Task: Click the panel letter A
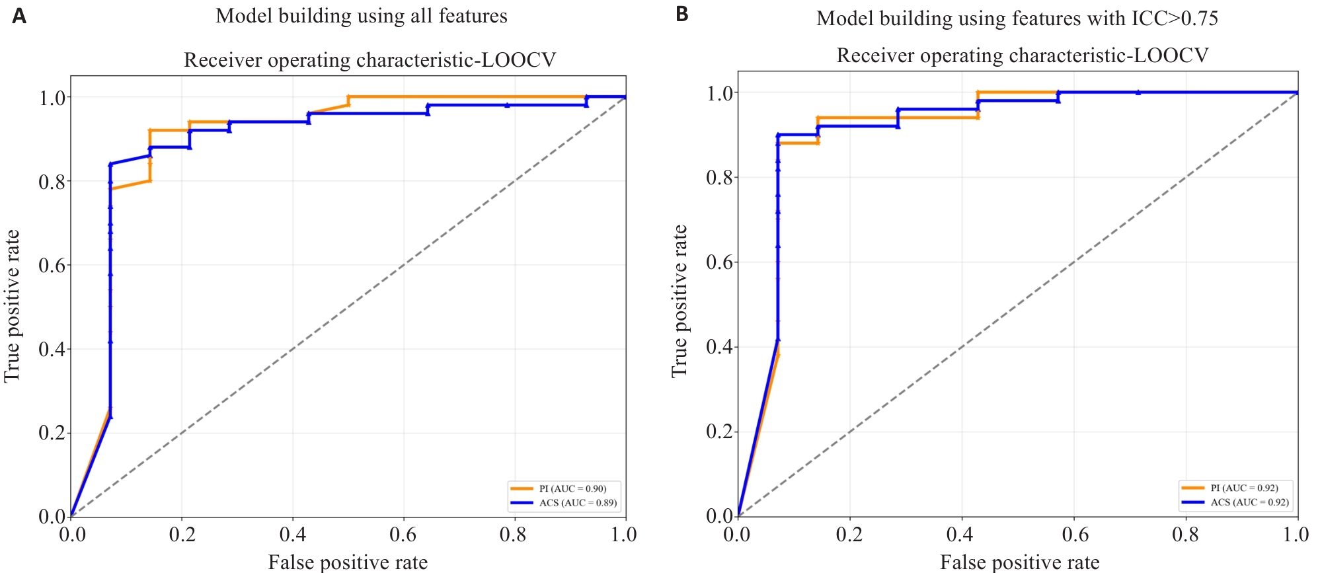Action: [x=19, y=16]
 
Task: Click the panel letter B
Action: [x=682, y=14]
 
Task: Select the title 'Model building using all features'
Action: [x=361, y=16]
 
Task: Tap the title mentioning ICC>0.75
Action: [x=1017, y=19]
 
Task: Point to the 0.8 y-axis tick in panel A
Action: [x=52, y=182]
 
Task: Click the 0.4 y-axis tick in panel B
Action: [x=720, y=347]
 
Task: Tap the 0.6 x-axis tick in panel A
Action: [x=403, y=534]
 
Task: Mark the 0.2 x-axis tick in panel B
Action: [x=849, y=534]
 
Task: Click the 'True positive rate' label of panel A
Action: [x=12, y=306]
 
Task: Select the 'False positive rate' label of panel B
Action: [x=1019, y=562]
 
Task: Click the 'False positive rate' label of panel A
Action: [x=348, y=562]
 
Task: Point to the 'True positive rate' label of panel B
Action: [x=679, y=301]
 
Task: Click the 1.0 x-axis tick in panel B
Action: [x=1296, y=534]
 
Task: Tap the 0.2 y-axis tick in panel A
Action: [x=52, y=433]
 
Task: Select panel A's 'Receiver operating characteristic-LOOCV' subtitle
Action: [x=369, y=60]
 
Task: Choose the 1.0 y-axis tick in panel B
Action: [x=720, y=93]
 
